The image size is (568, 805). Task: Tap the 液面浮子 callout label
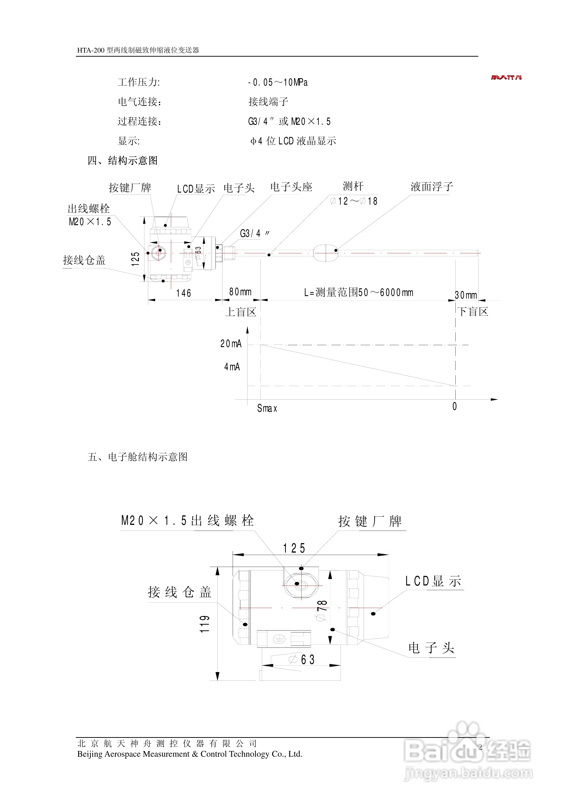[431, 186]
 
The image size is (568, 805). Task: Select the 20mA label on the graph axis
[231, 344]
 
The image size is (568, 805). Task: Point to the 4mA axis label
[232, 367]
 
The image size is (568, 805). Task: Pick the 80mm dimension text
[240, 292]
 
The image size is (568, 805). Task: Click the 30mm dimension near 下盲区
[466, 295]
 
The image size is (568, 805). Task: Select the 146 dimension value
[184, 293]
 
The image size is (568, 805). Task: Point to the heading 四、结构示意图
[123, 161]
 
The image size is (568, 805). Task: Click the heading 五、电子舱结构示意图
[138, 457]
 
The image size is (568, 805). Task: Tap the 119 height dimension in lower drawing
[205, 624]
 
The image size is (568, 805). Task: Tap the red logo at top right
[506, 77]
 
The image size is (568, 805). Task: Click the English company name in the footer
[189, 754]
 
